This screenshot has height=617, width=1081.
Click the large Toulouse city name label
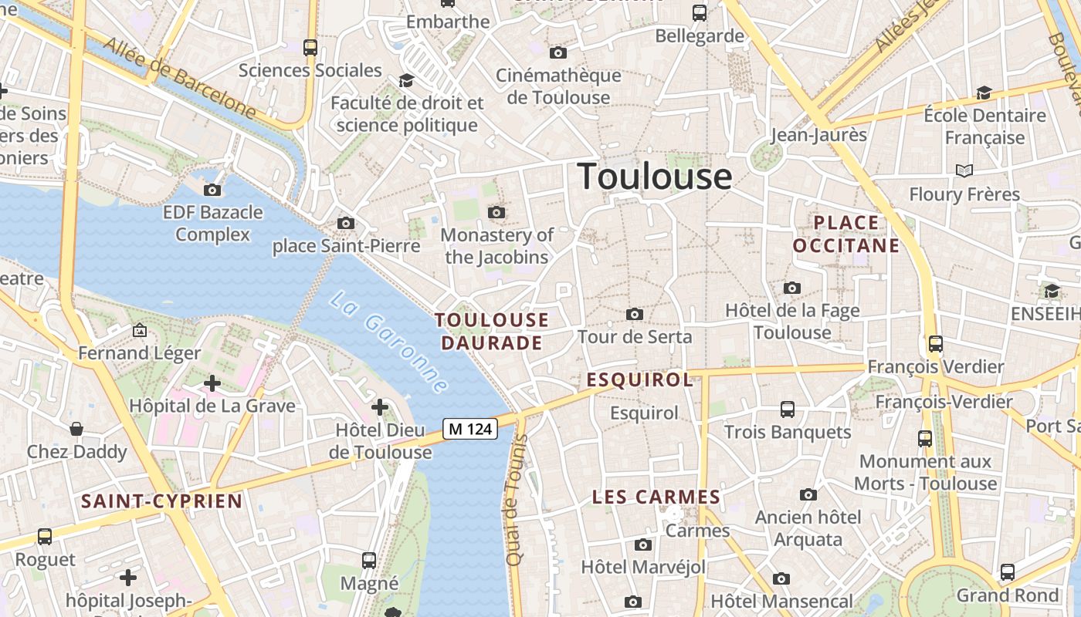(x=655, y=176)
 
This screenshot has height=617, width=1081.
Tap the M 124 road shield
(x=470, y=429)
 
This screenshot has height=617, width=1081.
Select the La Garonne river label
(x=389, y=342)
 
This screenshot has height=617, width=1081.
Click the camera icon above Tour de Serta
(x=635, y=314)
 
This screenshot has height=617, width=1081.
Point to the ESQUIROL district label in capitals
(x=639, y=379)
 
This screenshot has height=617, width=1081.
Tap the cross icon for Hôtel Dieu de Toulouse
(x=380, y=406)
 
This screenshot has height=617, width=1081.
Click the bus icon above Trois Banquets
(x=788, y=409)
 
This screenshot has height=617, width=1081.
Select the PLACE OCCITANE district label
(x=846, y=234)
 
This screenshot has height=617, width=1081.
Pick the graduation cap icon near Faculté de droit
(x=405, y=80)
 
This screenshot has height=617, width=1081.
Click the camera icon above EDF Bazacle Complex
(x=212, y=190)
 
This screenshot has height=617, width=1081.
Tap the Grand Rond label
(x=1008, y=595)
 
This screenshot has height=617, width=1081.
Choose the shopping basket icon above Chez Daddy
(x=76, y=429)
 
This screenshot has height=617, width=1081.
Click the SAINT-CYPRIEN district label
(x=162, y=501)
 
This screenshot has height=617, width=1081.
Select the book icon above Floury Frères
(x=964, y=170)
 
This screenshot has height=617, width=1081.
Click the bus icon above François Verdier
(x=936, y=343)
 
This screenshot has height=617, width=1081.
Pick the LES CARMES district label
(x=656, y=497)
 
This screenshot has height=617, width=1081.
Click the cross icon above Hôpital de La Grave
(x=212, y=383)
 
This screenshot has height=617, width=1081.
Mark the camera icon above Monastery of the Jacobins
(x=496, y=212)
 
